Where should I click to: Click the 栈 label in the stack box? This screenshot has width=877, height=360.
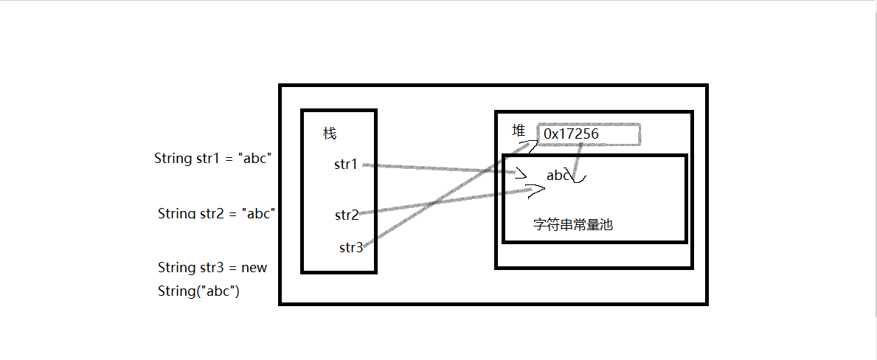pyautogui.click(x=330, y=134)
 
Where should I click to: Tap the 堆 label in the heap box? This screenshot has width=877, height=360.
pyautogui.click(x=519, y=131)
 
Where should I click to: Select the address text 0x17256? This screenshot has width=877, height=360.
pyautogui.click(x=571, y=134)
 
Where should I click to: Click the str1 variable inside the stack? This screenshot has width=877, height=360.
pyautogui.click(x=345, y=165)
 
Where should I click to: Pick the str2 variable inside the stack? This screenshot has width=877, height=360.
pyautogui.click(x=346, y=215)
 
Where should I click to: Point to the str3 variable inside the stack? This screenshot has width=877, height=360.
pyautogui.click(x=350, y=248)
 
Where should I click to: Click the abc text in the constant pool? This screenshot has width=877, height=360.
pyautogui.click(x=558, y=176)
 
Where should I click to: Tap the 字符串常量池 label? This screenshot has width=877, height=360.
pyautogui.click(x=572, y=225)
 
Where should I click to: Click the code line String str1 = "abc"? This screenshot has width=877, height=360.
pyautogui.click(x=213, y=158)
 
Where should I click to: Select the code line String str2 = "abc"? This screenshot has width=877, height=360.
pyautogui.click(x=216, y=214)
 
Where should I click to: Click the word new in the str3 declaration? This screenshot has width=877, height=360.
pyautogui.click(x=254, y=267)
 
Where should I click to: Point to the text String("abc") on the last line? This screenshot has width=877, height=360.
pyautogui.click(x=198, y=291)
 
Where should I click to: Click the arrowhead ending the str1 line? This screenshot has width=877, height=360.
pyautogui.click(x=523, y=176)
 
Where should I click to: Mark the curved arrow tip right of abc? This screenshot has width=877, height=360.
pyautogui.click(x=578, y=179)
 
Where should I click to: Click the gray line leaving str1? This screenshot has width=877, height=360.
pyautogui.click(x=443, y=169)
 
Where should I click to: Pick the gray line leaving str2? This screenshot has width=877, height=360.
pyautogui.click(x=443, y=201)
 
